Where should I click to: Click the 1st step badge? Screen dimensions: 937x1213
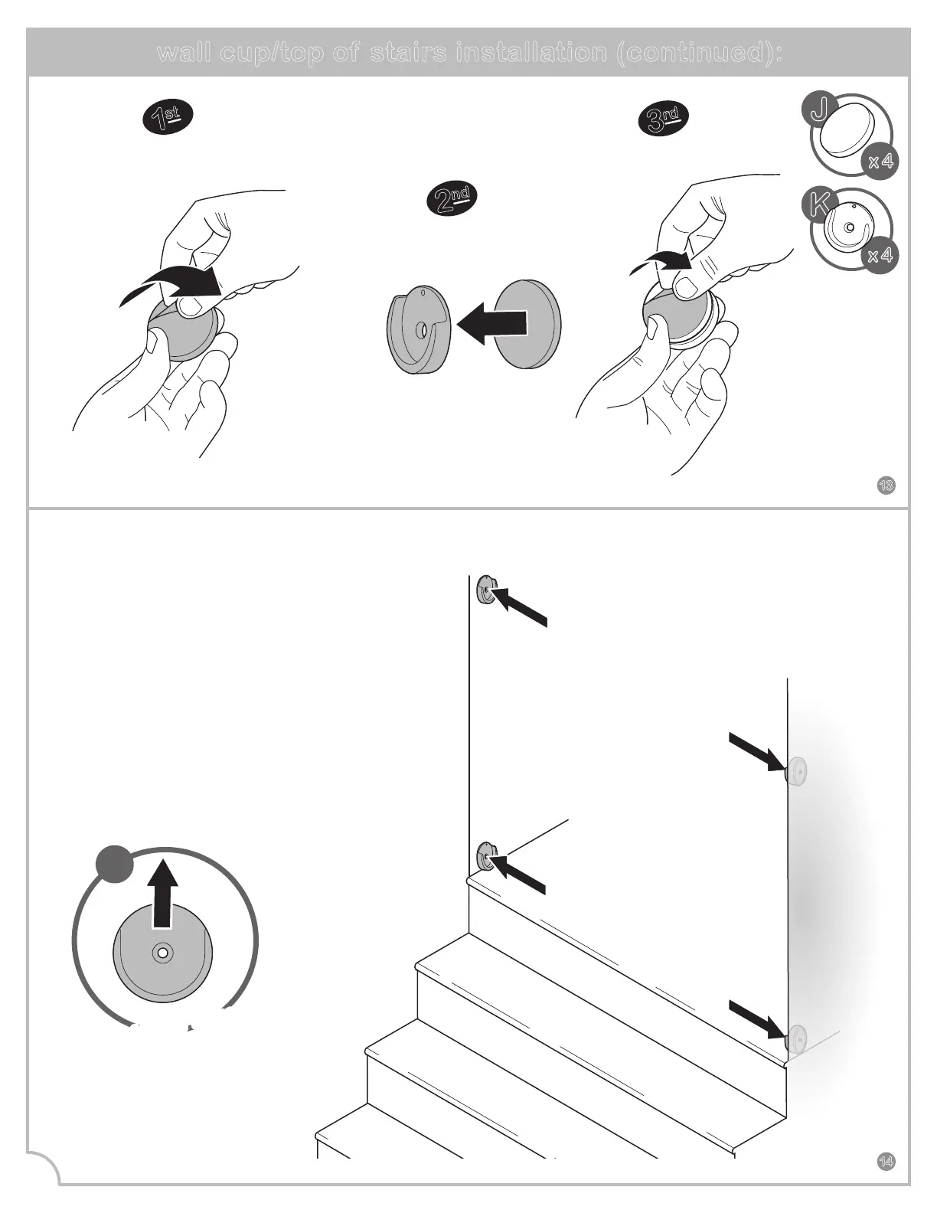[168, 117]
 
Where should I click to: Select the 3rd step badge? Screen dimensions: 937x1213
[663, 119]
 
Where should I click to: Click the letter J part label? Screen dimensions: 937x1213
[819, 110]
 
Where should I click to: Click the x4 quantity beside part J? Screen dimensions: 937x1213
[880, 162]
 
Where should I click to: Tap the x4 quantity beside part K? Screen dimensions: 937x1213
[880, 256]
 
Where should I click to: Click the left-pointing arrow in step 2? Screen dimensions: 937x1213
[491, 324]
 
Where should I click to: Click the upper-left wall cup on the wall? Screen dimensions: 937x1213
[485, 589]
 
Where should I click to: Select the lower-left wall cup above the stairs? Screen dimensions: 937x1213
[485, 855]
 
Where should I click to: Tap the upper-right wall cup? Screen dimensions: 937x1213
[797, 771]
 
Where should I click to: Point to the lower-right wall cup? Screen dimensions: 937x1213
[797, 1038]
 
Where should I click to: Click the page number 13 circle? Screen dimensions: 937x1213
[886, 485]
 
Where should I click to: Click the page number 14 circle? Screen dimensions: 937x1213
[886, 1162]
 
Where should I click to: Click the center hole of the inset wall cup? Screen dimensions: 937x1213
[162, 953]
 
